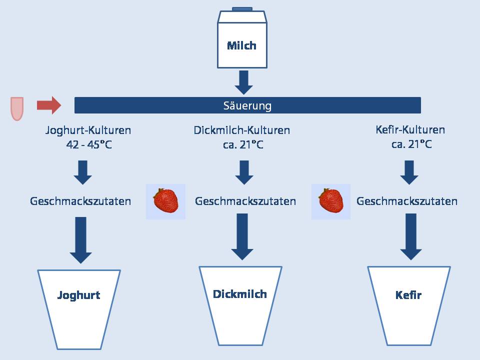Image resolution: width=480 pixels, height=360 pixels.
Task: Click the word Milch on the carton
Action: (x=241, y=45)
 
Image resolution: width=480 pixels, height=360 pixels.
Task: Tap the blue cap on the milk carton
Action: (x=242, y=9)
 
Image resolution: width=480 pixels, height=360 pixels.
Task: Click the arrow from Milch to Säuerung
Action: (x=243, y=82)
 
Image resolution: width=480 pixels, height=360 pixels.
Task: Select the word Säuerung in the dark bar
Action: (x=247, y=105)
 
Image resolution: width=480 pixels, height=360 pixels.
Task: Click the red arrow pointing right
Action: (x=49, y=105)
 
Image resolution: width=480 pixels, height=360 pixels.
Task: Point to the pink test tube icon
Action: (x=17, y=108)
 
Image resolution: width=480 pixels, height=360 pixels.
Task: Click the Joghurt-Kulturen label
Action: (x=88, y=130)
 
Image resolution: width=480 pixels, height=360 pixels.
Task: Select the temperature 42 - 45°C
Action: (x=89, y=144)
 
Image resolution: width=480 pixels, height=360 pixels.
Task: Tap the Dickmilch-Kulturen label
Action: (x=242, y=130)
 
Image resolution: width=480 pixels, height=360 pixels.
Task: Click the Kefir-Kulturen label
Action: (x=410, y=130)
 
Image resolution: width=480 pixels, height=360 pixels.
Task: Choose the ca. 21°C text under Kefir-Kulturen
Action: (x=411, y=144)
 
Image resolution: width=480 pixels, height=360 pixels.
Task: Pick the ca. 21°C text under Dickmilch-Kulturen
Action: (x=243, y=144)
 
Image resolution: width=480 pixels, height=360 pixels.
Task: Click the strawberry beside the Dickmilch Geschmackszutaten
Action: (x=165, y=201)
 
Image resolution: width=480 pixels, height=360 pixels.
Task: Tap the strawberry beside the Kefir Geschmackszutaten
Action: (x=331, y=201)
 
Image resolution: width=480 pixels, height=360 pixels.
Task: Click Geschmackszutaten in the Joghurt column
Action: (x=80, y=201)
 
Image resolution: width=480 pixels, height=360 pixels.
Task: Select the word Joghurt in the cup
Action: (x=78, y=295)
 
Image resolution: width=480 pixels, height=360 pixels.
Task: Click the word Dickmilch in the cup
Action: (x=239, y=294)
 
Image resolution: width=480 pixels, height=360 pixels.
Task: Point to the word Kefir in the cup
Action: (x=408, y=295)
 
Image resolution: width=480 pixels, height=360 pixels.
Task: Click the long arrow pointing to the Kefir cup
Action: (x=411, y=236)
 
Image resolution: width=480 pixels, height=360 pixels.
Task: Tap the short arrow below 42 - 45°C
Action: (x=82, y=172)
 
